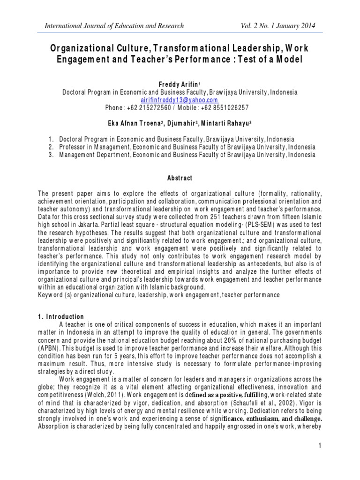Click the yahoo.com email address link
[180, 100]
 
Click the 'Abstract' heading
[180, 179]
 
